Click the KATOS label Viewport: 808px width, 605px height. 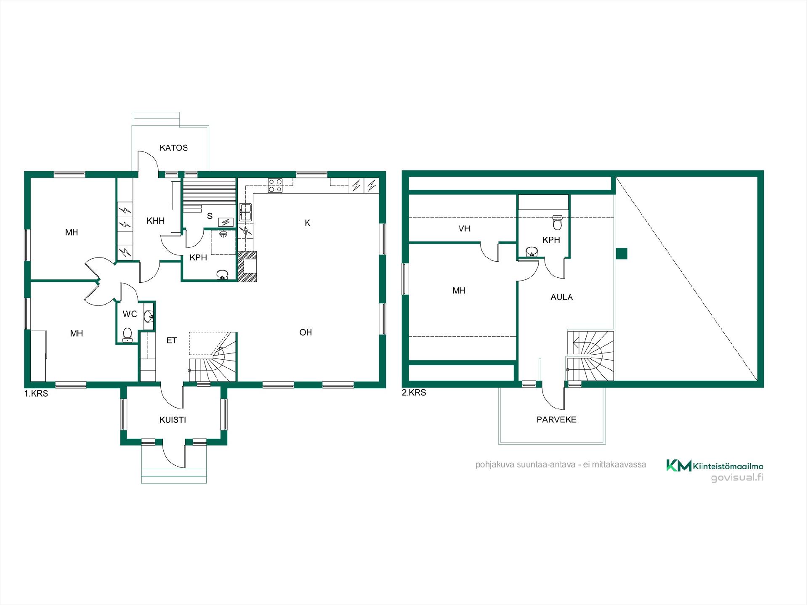click(173, 148)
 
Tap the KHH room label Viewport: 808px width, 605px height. click(155, 221)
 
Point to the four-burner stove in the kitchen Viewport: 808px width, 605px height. click(276, 186)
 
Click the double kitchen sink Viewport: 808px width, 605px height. click(245, 212)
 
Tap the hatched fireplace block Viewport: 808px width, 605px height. click(247, 266)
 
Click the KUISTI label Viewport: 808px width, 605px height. click(173, 420)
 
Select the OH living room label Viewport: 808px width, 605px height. click(306, 332)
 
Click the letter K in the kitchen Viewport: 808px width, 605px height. click(307, 223)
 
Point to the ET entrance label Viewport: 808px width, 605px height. click(171, 340)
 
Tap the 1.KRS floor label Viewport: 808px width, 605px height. click(36, 394)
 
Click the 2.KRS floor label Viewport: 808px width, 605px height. click(414, 393)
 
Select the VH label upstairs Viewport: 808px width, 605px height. click(464, 228)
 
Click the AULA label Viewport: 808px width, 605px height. click(561, 297)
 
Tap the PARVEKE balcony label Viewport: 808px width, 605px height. click(556, 419)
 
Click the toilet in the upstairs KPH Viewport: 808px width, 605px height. click(558, 223)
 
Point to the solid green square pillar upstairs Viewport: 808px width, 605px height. click(622, 253)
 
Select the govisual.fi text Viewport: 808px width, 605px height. click(737, 478)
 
